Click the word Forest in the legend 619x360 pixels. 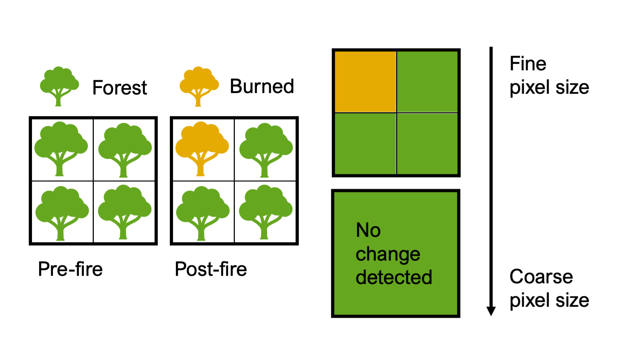tap(119, 88)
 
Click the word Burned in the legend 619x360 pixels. tap(262, 86)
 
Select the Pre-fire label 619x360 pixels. tap(70, 269)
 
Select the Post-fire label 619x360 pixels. tap(211, 269)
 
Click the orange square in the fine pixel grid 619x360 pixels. tap(365, 82)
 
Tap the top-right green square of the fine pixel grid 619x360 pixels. tap(427, 82)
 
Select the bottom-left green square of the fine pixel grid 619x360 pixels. tap(365, 144)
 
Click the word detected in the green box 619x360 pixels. tap(394, 277)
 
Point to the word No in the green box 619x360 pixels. tap(368, 230)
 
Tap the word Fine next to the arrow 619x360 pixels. tap(528, 64)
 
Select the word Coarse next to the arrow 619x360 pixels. tap(541, 277)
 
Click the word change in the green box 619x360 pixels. tap(388, 254)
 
